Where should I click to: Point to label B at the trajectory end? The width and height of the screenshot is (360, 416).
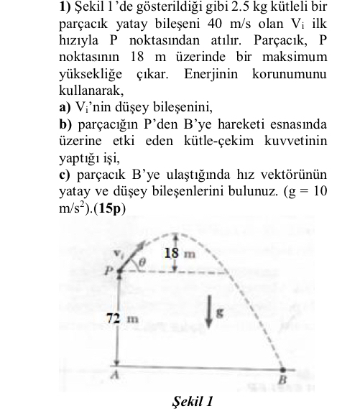pyautogui.click(x=282, y=378)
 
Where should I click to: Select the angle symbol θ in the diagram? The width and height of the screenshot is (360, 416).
pyautogui.click(x=143, y=264)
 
